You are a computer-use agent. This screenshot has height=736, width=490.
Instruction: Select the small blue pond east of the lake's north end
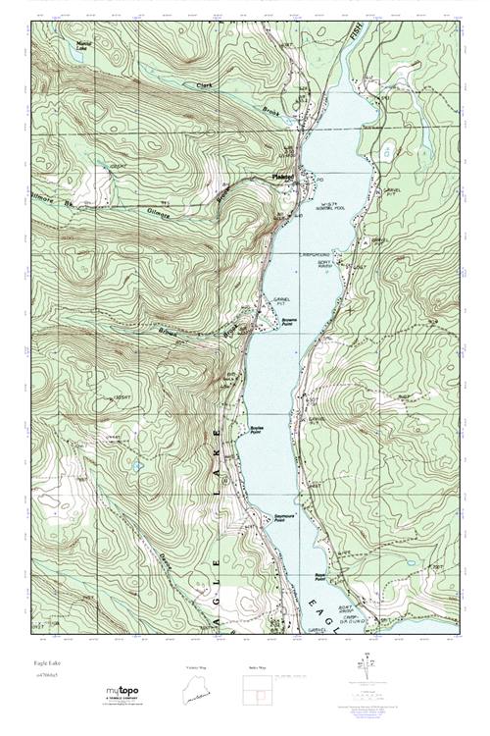click(390, 149)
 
